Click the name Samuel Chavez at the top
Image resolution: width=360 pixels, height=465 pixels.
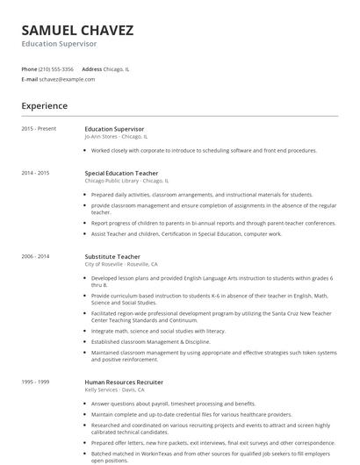[x=78, y=30]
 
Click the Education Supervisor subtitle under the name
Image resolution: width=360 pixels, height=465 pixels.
[x=59, y=43]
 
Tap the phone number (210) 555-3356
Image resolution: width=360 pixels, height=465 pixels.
[x=57, y=68]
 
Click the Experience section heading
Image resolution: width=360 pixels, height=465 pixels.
[x=44, y=106]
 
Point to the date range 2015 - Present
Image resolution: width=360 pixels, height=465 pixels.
[x=39, y=129]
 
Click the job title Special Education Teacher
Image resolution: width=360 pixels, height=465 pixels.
[x=121, y=173]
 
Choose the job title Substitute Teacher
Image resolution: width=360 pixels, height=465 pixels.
[x=112, y=256]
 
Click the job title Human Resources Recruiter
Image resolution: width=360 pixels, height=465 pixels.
[x=124, y=383]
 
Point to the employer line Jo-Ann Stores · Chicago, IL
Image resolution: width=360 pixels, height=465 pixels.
[x=116, y=137]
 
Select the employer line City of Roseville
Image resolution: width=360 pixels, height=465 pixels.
[x=121, y=264]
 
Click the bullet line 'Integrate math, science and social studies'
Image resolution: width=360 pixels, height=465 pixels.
[x=158, y=331]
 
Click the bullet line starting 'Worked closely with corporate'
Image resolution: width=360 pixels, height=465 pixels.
[x=204, y=151]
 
